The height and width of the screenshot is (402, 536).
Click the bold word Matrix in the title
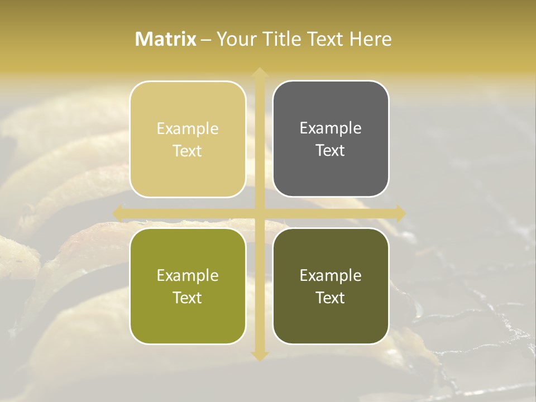(x=166, y=39)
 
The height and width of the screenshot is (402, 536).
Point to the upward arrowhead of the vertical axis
(x=259, y=73)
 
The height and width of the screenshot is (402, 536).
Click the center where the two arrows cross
(x=259, y=213)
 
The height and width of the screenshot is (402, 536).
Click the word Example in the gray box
(x=331, y=128)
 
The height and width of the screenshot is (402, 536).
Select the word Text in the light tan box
(x=188, y=151)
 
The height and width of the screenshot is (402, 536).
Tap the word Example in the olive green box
(x=188, y=275)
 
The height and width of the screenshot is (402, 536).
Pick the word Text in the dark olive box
(x=331, y=298)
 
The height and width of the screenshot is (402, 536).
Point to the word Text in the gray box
(x=331, y=150)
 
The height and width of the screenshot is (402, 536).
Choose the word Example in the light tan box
(x=188, y=129)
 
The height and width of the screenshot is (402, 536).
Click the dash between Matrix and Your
(x=206, y=40)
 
